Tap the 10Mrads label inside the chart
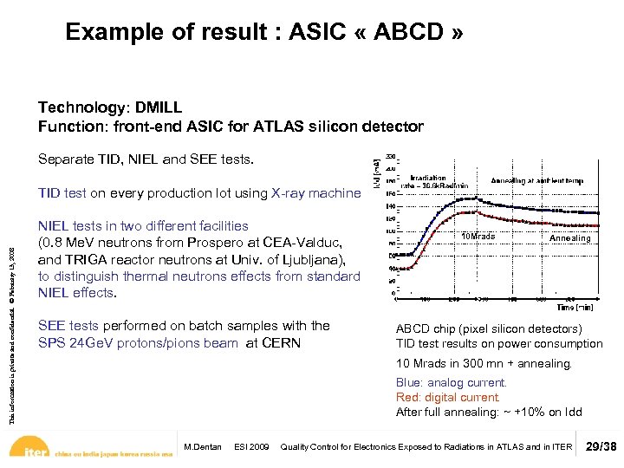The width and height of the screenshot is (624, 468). [478, 237]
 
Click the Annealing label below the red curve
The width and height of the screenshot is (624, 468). [569, 238]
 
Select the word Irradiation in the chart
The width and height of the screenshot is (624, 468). [427, 177]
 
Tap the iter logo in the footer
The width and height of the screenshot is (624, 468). [34, 451]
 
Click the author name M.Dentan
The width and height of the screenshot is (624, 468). [203, 447]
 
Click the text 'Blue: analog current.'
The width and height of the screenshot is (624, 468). [451, 383]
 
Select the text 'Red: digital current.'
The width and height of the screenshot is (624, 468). [448, 398]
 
